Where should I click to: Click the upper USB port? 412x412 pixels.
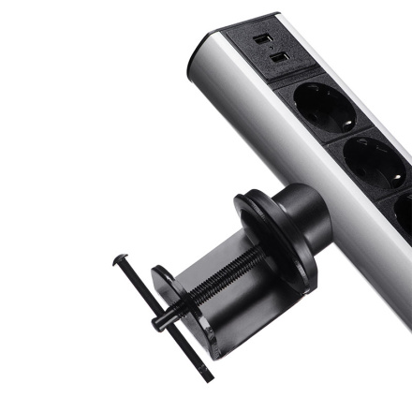[x=264, y=40]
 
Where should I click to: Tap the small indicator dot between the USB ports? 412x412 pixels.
[x=270, y=51]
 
